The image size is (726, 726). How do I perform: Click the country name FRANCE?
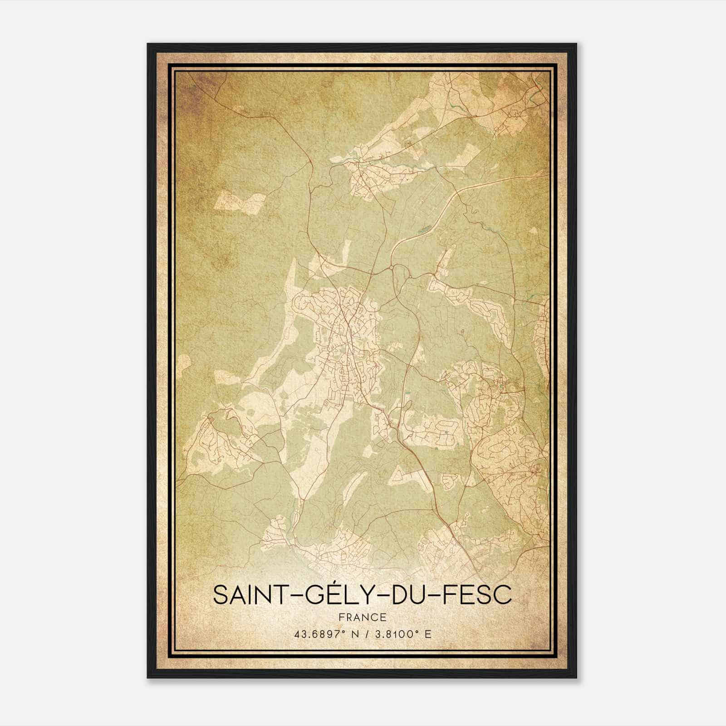[363, 618]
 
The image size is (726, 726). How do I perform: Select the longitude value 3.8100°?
[395, 634]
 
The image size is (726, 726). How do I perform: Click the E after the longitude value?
[428, 634]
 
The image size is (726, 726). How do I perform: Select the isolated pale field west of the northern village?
[239, 201]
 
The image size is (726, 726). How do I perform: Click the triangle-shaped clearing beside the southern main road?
[399, 474]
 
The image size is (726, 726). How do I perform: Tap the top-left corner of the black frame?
[148, 44]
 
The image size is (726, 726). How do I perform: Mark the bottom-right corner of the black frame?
[576, 677]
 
